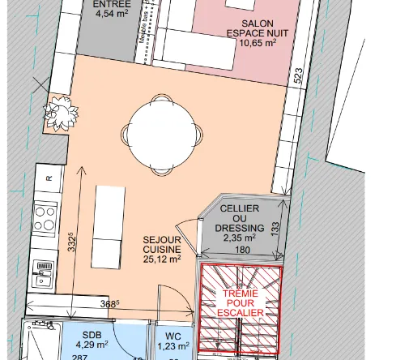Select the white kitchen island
pos(111,223)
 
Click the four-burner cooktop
pos(44,216)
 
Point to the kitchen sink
pos(43,273)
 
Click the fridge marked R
pos(48,178)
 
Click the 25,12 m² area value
pos(161,259)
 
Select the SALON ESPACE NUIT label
pos(257,29)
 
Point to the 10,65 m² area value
pos(257,43)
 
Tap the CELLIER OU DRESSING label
pos(240,218)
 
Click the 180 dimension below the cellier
pos(242,251)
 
